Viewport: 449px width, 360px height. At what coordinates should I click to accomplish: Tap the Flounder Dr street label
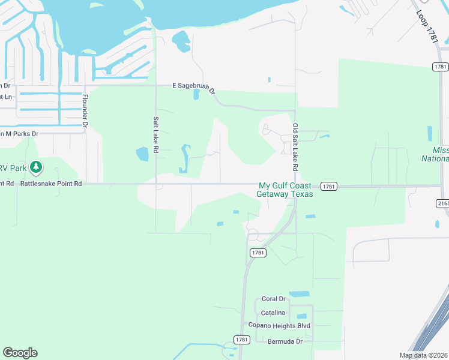(x=85, y=112)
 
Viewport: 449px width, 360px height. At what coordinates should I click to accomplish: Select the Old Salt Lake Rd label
(x=295, y=141)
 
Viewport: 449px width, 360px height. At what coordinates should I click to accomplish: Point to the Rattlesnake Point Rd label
(x=51, y=184)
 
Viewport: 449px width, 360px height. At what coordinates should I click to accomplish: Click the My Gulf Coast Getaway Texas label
(x=285, y=190)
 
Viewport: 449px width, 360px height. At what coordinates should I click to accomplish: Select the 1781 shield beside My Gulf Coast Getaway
(x=328, y=187)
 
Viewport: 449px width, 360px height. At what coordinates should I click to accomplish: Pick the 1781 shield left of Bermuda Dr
(x=242, y=340)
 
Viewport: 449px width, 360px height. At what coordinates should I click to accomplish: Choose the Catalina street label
(x=273, y=313)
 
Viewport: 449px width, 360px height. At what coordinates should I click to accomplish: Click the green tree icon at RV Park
(x=36, y=166)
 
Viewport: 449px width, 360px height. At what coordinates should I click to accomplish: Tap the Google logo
(x=20, y=353)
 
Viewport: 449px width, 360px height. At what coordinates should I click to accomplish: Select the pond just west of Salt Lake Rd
(x=142, y=154)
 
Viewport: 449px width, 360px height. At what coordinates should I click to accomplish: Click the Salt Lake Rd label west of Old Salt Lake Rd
(x=155, y=136)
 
